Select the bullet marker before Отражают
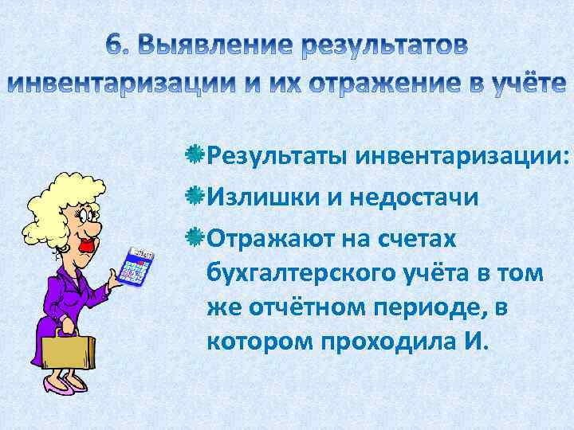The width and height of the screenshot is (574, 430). pos(195,236)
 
